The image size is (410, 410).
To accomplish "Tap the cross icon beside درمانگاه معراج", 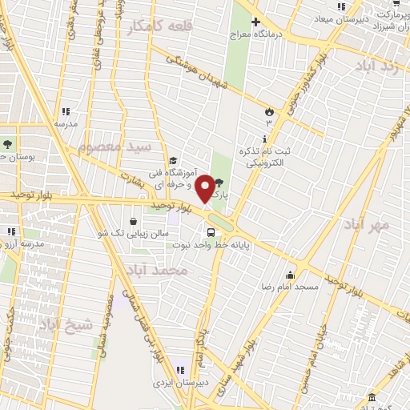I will (255, 22).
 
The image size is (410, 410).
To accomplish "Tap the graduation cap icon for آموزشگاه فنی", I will (174, 160).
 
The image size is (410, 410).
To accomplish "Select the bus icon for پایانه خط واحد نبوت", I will (211, 232).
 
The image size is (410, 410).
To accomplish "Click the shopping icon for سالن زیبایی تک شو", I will (132, 221).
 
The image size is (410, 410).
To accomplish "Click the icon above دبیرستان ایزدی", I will (181, 369).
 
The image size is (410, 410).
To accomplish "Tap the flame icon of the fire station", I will (269, 111).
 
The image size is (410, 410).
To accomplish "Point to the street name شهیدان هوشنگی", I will (196, 72).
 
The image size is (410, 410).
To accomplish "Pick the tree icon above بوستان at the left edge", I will (8, 144).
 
